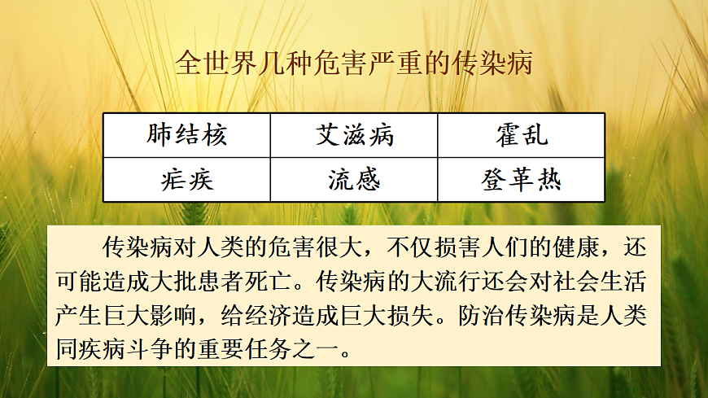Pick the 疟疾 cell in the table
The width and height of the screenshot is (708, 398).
coord(186,179)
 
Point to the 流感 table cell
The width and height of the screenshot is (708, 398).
coord(354,179)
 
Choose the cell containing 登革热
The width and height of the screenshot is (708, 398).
coord(522,179)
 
